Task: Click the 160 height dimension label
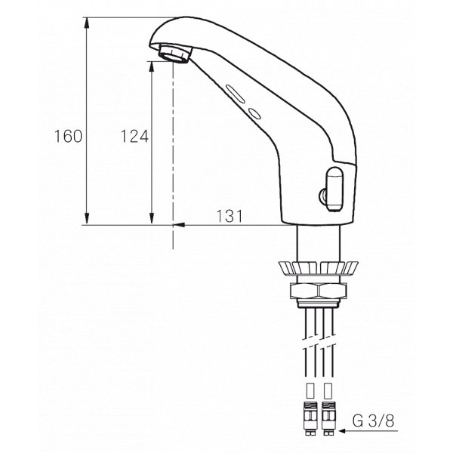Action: pyautogui.click(x=67, y=137)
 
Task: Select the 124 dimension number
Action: pyautogui.click(x=134, y=137)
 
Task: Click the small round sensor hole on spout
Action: pyautogui.click(x=254, y=114)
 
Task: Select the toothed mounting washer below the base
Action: pyautogui.click(x=317, y=268)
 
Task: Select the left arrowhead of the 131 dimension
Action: pyautogui.click(x=178, y=224)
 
